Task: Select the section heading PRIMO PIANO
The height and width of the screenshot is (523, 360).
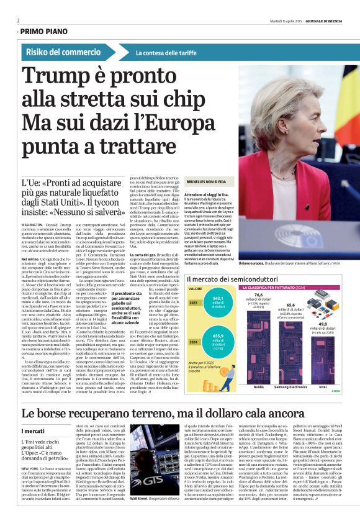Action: pos(44,30)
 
